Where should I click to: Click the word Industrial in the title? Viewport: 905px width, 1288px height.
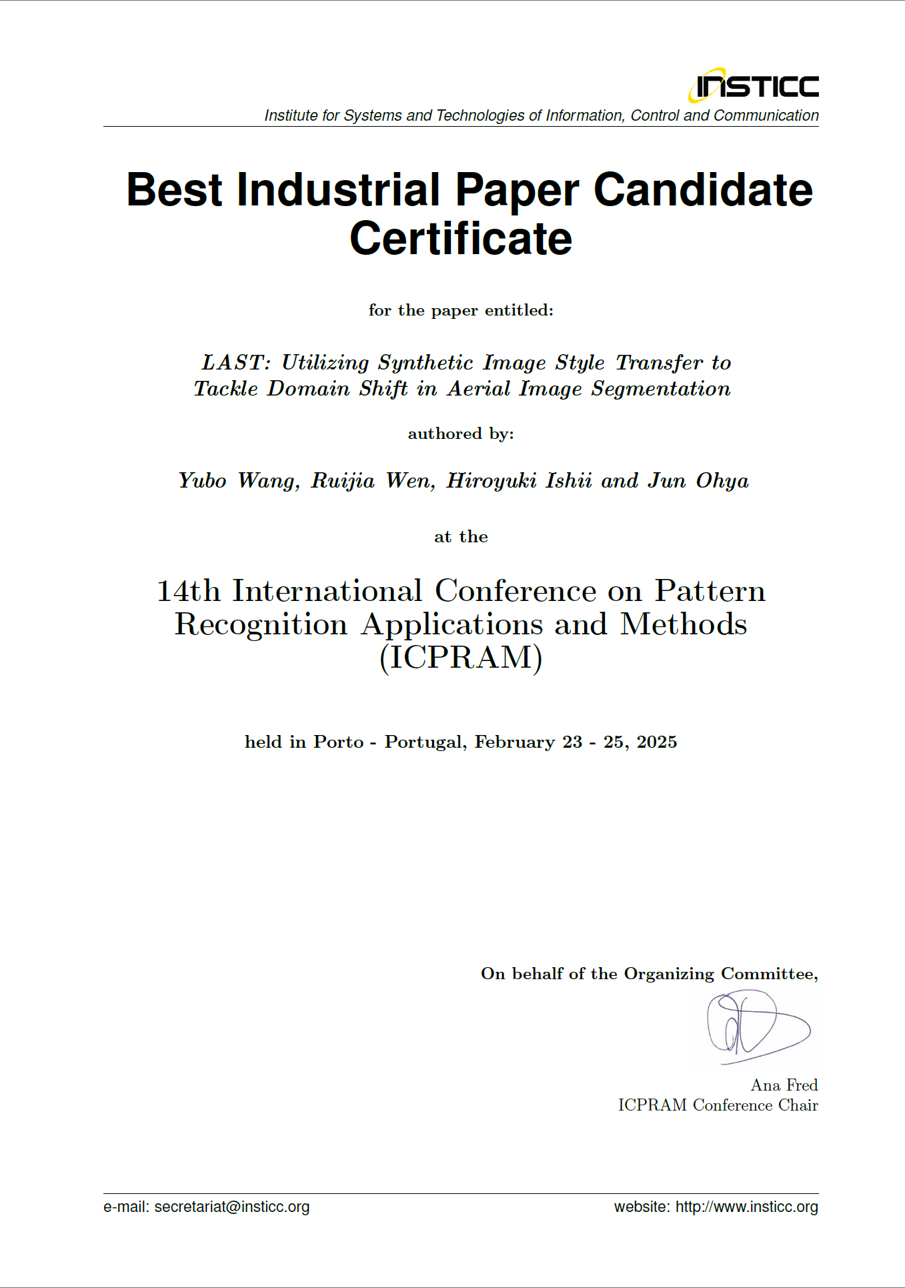point(338,190)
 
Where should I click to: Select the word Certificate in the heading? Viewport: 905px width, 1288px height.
point(461,239)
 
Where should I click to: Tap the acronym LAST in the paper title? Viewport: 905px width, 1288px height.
point(233,363)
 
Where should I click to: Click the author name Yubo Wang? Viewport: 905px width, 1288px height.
point(238,481)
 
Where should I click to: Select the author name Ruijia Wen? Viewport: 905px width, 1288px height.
point(373,481)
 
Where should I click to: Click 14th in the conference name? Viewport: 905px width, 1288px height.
point(188,592)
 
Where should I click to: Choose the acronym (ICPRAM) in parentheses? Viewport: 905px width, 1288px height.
point(461,658)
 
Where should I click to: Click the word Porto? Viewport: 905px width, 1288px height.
point(339,742)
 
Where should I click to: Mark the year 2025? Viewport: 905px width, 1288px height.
point(657,742)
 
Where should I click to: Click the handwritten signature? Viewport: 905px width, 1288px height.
point(756,1027)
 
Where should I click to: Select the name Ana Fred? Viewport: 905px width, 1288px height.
point(784,1085)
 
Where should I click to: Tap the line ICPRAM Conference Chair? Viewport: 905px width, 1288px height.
point(718,1105)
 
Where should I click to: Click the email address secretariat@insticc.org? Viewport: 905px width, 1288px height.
point(232,1207)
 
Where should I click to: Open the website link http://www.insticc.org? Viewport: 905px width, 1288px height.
point(746,1207)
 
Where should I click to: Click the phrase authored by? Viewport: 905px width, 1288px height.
point(461,434)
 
